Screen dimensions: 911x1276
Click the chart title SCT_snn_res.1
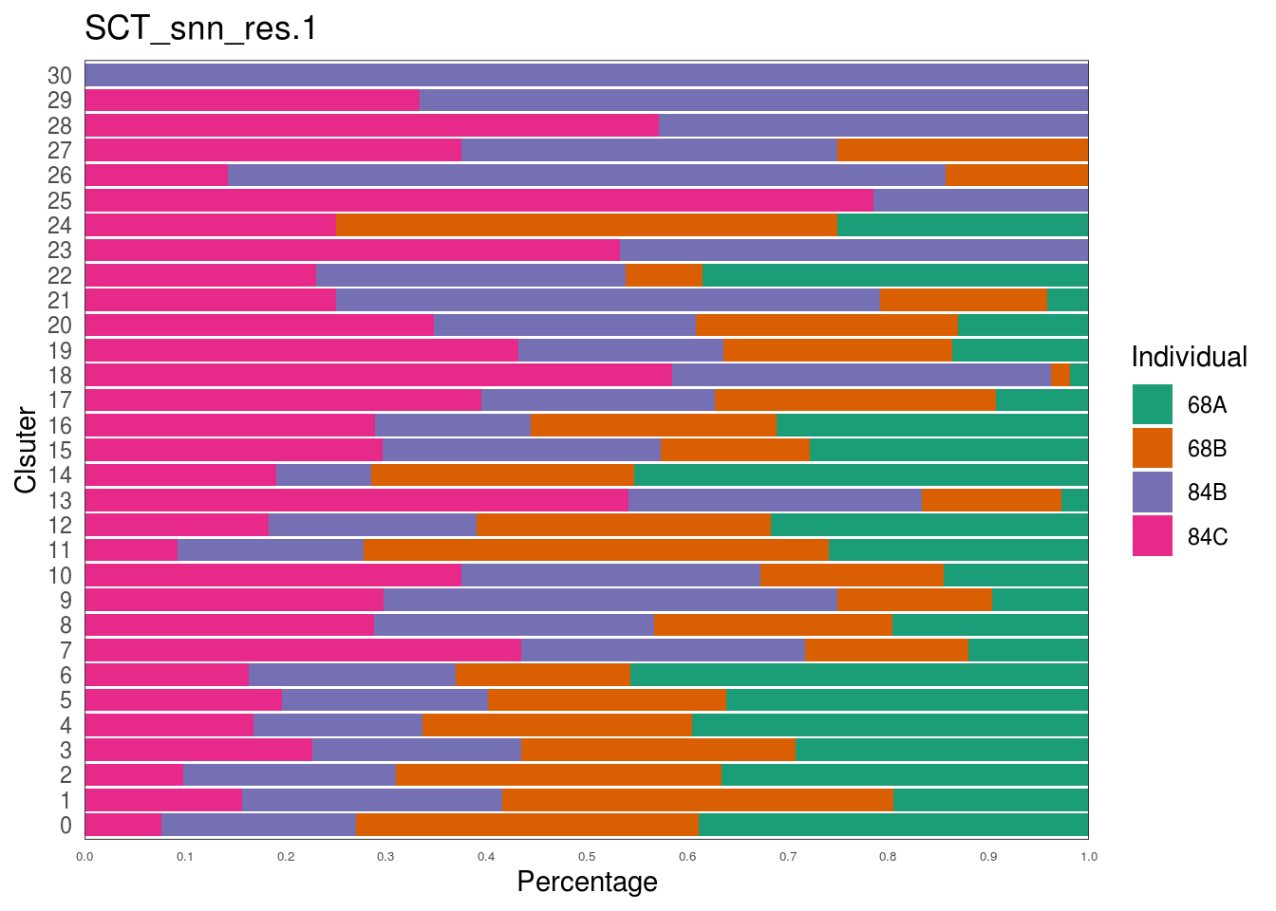click(200, 29)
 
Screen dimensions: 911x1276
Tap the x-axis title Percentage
click(587, 883)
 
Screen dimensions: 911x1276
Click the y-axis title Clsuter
click(27, 450)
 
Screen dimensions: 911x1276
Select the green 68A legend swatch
click(1153, 405)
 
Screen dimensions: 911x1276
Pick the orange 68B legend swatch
click(1153, 449)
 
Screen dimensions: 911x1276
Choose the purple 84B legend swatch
click(1153, 493)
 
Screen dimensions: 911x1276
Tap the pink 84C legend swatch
click(1153, 536)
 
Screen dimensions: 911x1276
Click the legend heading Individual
click(1189, 358)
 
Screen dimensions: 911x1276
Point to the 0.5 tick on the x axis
click(587, 857)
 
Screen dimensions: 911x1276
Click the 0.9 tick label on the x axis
click(988, 857)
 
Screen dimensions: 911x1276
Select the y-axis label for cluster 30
click(60, 76)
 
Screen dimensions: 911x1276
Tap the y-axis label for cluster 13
click(60, 500)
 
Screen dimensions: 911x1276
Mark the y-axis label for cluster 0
click(66, 826)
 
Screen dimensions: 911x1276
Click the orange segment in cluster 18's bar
click(1060, 375)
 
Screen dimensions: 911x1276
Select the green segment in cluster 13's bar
click(1075, 500)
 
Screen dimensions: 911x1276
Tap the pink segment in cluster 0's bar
click(122, 826)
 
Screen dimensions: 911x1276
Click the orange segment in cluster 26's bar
click(1016, 176)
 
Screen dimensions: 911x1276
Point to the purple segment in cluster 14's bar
click(324, 475)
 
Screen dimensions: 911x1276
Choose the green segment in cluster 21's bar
click(1067, 300)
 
